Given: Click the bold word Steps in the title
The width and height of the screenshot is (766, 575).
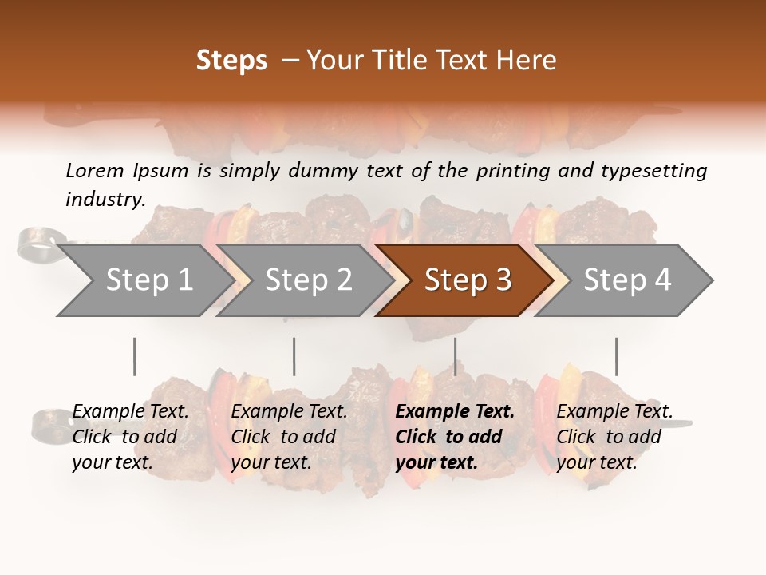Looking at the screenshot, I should tap(231, 61).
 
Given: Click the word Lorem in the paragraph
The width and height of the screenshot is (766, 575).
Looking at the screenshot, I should tap(95, 170).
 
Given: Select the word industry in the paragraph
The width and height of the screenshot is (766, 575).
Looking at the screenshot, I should tap(105, 199).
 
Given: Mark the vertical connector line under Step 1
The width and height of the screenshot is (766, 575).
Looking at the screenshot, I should tap(134, 356).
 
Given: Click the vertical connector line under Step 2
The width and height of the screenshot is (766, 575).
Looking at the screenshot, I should tap(294, 356).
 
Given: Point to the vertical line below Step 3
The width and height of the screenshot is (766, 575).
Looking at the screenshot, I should tap(455, 356).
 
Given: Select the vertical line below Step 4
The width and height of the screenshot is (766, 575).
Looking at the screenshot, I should tap(616, 356).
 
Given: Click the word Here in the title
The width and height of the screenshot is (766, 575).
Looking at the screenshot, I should tap(531, 61).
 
